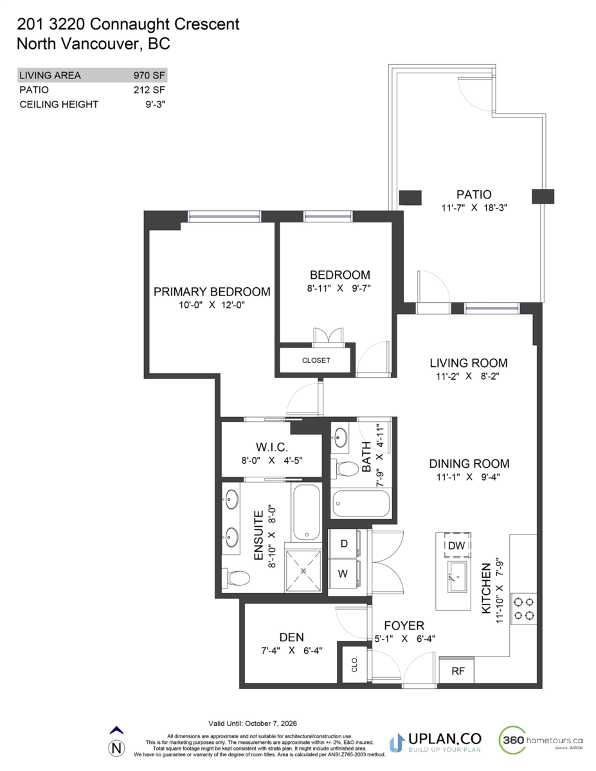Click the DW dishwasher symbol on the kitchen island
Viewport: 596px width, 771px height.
[x=457, y=545]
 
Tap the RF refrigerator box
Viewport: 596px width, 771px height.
[x=457, y=670]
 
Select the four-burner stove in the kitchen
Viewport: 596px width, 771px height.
[x=524, y=608]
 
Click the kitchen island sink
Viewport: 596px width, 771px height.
[x=457, y=577]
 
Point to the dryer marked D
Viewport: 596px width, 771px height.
[x=343, y=544]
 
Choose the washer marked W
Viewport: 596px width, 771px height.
[x=343, y=574]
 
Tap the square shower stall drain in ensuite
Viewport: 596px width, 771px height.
[x=303, y=571]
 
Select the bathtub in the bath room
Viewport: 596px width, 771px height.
[x=361, y=504]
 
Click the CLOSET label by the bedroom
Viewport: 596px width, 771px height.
[x=316, y=360]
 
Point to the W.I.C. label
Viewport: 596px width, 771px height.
[x=272, y=447]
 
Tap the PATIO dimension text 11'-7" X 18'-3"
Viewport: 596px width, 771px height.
[x=474, y=208]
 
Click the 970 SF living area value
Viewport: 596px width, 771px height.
[x=149, y=75]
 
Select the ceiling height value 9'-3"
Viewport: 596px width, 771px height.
[x=156, y=104]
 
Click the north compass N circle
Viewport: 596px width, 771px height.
[x=116, y=749]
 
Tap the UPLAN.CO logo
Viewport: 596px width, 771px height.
[x=435, y=743]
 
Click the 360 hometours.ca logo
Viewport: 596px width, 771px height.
[x=541, y=740]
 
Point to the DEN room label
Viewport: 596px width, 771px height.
[x=291, y=637]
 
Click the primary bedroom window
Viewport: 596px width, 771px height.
[x=224, y=217]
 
